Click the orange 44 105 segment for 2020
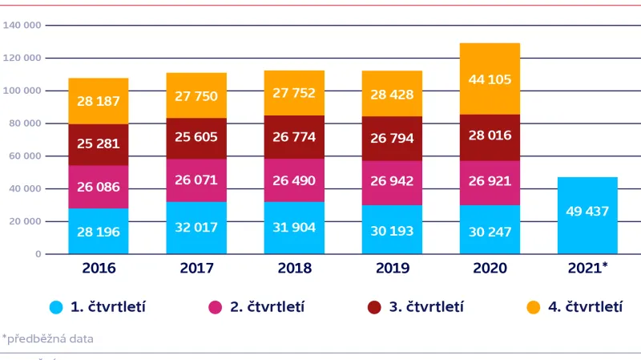click(x=490, y=79)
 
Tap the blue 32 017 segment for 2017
click(x=196, y=227)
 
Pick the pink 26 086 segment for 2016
click(x=98, y=187)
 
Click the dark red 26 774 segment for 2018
click(x=294, y=137)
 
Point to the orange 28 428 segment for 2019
click(x=392, y=94)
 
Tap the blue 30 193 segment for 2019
click(x=392, y=229)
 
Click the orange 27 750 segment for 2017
click(x=196, y=95)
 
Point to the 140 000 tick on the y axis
click(x=22, y=25)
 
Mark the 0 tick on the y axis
click(x=37, y=254)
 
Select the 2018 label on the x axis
click(x=294, y=268)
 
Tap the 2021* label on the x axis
click(x=587, y=268)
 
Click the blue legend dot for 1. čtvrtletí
click(x=55, y=307)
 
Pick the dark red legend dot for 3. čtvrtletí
click(x=373, y=307)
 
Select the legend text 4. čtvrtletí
click(x=586, y=307)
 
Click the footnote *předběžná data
click(x=47, y=338)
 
